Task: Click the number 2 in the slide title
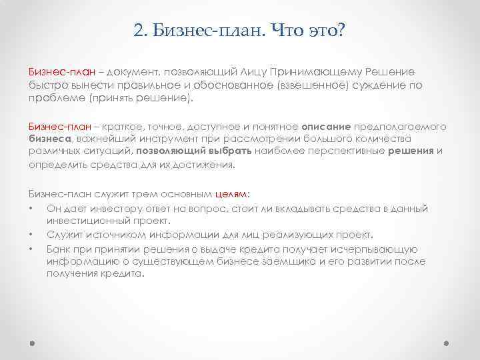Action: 137,31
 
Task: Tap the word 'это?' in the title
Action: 323,31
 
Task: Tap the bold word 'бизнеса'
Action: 50,139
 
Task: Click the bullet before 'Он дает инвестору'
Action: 31,209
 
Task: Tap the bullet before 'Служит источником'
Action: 31,235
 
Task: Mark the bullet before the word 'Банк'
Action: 31,248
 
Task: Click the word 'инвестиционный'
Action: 82,221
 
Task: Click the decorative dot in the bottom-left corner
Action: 33,345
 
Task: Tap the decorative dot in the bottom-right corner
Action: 447,345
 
